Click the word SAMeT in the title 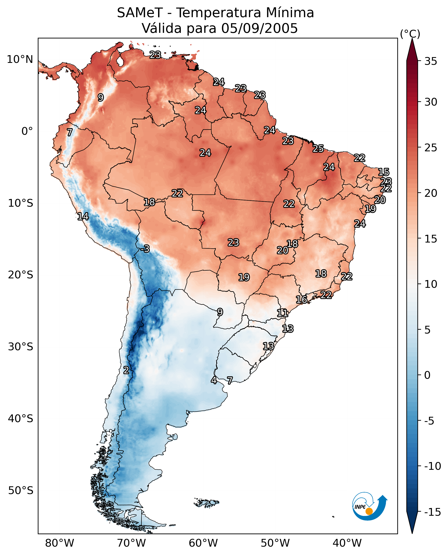point(140,13)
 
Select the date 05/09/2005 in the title point(259,28)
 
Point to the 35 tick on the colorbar point(431,61)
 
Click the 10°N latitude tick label point(20,60)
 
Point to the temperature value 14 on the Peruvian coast point(83,216)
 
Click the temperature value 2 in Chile point(126,370)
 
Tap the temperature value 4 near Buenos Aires point(214,380)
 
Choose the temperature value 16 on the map point(301,299)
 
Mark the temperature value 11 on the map point(282,313)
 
